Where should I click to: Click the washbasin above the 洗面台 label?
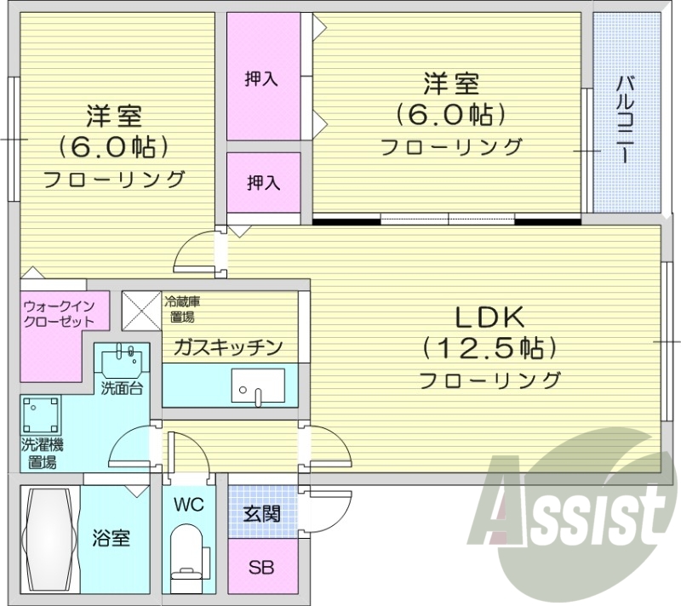tap(122, 363)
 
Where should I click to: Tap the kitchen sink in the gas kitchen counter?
tap(256, 392)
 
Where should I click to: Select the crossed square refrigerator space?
tap(140, 308)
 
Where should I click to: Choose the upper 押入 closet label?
tap(261, 79)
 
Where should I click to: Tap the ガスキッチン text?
tap(227, 346)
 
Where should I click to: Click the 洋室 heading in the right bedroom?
tap(450, 84)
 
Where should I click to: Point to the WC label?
tap(189, 504)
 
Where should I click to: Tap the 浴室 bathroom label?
tap(111, 538)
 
